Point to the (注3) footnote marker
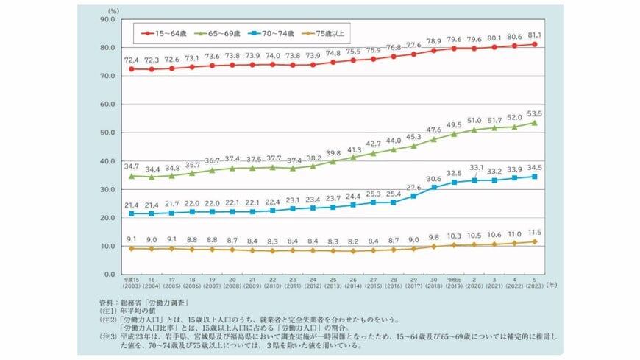[109, 335]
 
